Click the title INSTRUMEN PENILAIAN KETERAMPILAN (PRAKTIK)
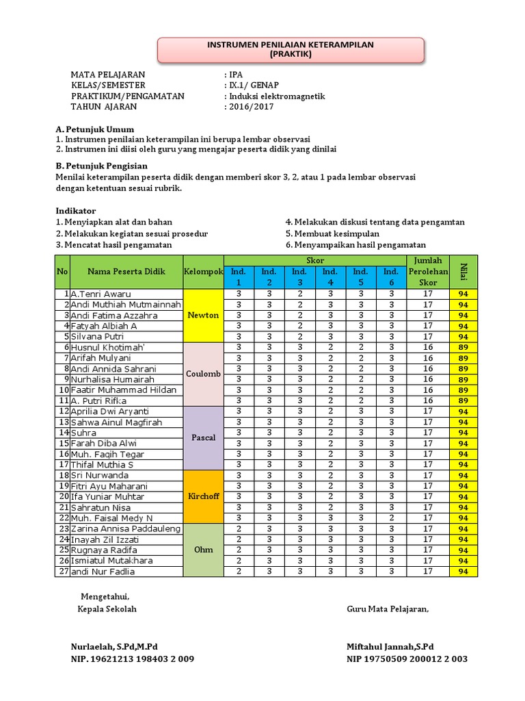(x=291, y=49)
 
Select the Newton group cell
(x=203, y=315)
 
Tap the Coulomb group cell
(x=203, y=374)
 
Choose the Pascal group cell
(x=203, y=437)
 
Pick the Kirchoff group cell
(x=203, y=496)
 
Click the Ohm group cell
(x=203, y=550)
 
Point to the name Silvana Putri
(x=97, y=337)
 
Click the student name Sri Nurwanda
(x=99, y=475)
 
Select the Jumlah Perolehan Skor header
(x=427, y=272)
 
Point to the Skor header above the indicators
(x=314, y=260)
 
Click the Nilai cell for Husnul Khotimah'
(x=463, y=348)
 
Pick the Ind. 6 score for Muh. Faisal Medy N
(x=391, y=518)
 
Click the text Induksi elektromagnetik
(x=278, y=96)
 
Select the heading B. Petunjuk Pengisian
(x=101, y=166)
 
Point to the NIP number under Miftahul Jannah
(x=407, y=659)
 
